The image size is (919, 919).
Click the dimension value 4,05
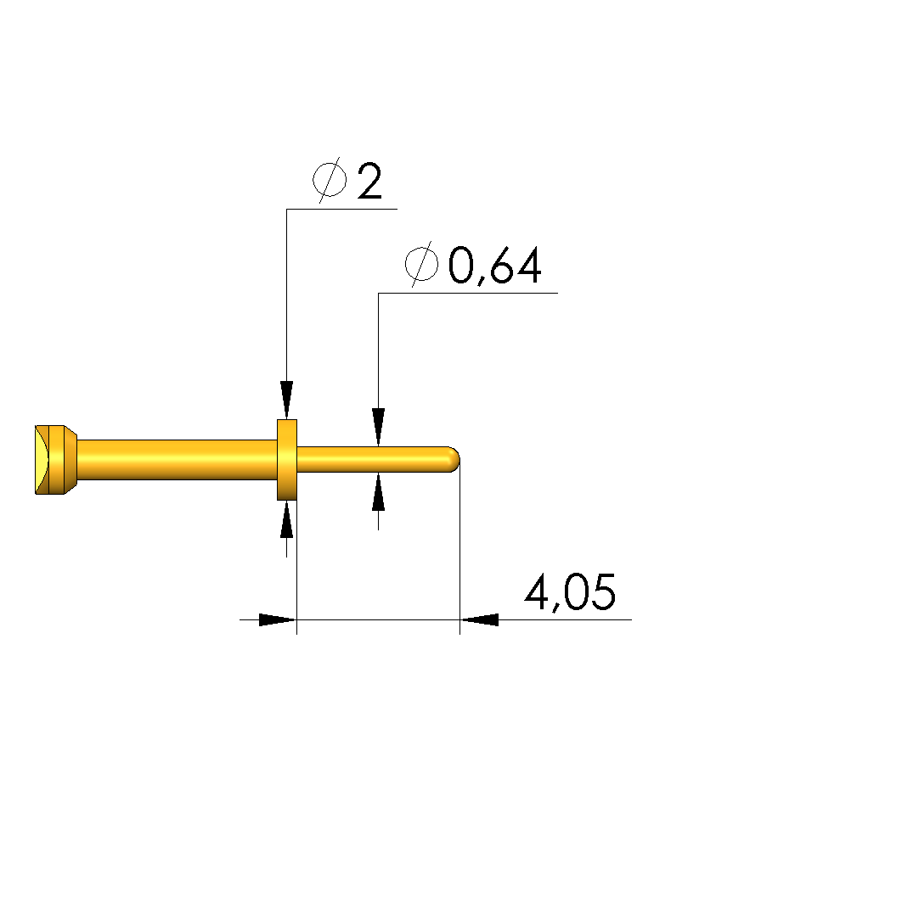(x=570, y=592)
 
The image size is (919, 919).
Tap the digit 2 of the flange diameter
(x=369, y=181)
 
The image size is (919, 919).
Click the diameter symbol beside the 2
(x=330, y=180)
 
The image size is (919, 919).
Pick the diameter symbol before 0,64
(x=421, y=264)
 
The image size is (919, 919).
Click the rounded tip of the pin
(x=454, y=460)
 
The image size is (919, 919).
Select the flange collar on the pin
(x=287, y=460)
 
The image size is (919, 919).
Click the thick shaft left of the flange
(x=177, y=460)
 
